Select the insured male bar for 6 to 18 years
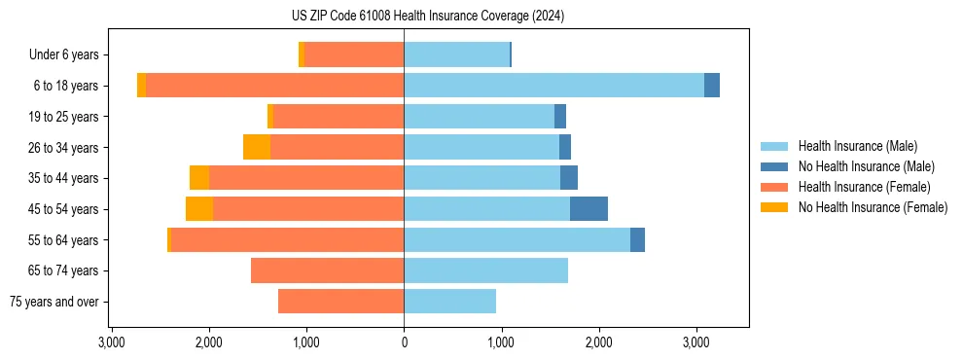pyautogui.click(x=553, y=86)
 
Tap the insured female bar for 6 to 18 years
pyautogui.click(x=274, y=86)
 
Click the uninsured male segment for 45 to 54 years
pyautogui.click(x=588, y=209)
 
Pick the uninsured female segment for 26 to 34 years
pyautogui.click(x=257, y=147)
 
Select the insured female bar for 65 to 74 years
pyautogui.click(x=327, y=270)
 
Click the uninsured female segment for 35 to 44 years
pyautogui.click(x=199, y=178)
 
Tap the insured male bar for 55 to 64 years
pyautogui.click(x=517, y=240)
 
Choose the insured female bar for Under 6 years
pyautogui.click(x=354, y=54)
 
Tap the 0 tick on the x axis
pyautogui.click(x=404, y=342)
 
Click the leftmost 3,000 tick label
pyautogui.click(x=112, y=342)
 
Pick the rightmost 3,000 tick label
pyautogui.click(x=695, y=342)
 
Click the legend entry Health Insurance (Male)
pyautogui.click(x=857, y=146)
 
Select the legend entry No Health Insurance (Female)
pyautogui.click(x=873, y=207)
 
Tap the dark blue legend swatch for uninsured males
pyautogui.click(x=774, y=166)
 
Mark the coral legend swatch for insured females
pyautogui.click(x=774, y=187)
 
